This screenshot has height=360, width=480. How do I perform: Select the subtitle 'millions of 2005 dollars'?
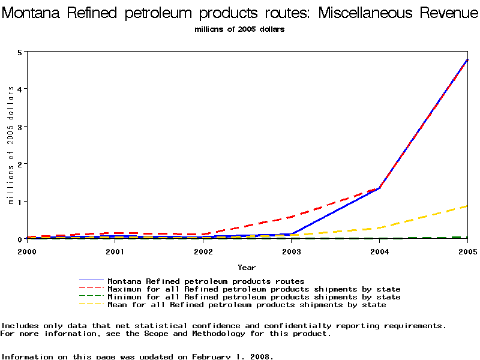pyautogui.click(x=239, y=29)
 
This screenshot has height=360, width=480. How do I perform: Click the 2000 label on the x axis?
pyautogui.click(x=27, y=251)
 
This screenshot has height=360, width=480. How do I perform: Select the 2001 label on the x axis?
pyautogui.click(x=115, y=251)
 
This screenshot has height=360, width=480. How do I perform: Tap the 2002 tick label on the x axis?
pyautogui.click(x=203, y=251)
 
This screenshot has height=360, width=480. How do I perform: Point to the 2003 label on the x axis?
pyautogui.click(x=292, y=251)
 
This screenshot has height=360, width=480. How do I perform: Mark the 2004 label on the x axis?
pyautogui.click(x=380, y=251)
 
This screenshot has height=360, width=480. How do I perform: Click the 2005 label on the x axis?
pyautogui.click(x=467, y=251)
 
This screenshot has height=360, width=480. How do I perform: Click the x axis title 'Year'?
pyautogui.click(x=247, y=267)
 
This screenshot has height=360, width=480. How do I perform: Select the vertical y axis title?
pyautogui.click(x=11, y=145)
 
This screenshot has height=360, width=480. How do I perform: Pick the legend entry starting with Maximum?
pyautogui.click(x=253, y=289)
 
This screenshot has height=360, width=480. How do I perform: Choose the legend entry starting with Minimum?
pyautogui.click(x=253, y=297)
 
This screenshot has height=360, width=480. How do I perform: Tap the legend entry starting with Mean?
pyautogui.click(x=246, y=305)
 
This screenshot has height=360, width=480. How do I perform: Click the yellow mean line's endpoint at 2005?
pyautogui.click(x=467, y=206)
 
